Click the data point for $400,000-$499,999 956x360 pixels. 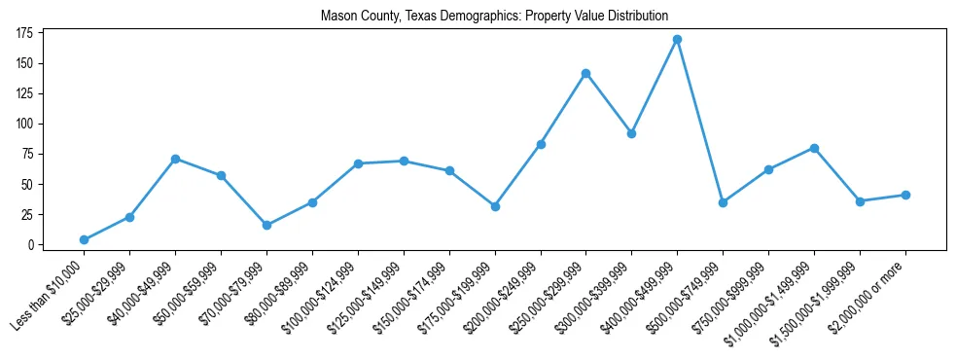point(677,39)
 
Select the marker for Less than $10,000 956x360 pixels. point(84,239)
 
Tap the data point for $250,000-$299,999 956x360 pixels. point(585,73)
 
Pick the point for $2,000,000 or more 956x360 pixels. point(905,195)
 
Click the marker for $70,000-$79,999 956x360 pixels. point(266,225)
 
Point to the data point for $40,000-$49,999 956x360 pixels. point(175,159)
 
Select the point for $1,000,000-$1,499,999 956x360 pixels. point(814,148)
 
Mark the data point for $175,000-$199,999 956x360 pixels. point(495,206)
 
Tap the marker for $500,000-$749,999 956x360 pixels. point(723,202)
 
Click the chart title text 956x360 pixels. point(494,17)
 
